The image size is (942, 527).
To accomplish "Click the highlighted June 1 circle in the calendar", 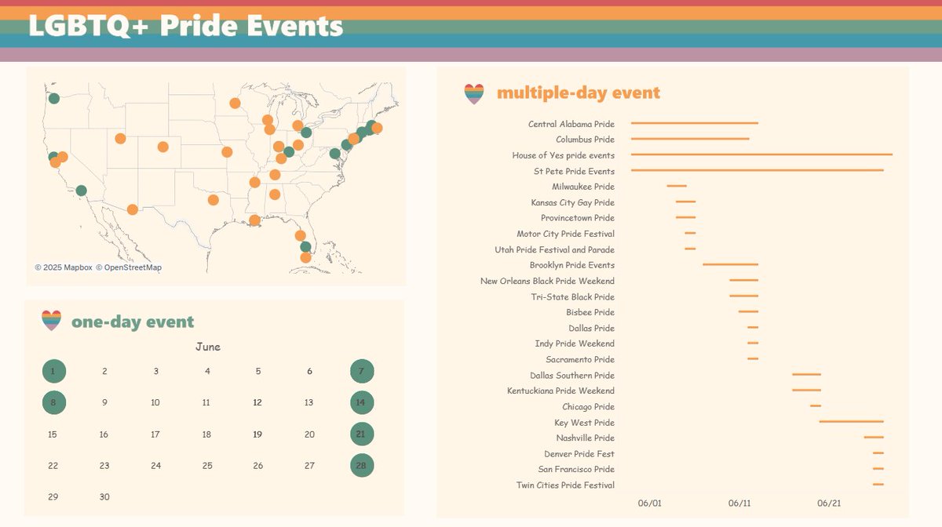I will (53, 372).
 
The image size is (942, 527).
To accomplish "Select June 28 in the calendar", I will (362, 465).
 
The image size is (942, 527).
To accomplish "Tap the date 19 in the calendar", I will (257, 434).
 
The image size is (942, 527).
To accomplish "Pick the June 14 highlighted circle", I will (362, 402).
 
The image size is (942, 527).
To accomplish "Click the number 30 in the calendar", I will (104, 496).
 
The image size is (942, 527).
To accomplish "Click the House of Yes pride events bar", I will (761, 154).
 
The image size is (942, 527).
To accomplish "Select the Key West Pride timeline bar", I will (851, 422).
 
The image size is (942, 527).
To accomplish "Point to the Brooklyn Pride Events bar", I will (730, 264).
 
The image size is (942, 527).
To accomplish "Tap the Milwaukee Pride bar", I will (677, 186).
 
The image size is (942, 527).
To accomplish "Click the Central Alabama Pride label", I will (571, 124).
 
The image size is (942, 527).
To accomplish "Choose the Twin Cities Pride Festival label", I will (565, 485).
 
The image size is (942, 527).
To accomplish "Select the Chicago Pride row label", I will (588, 406).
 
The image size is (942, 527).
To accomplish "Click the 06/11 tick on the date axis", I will (739, 503).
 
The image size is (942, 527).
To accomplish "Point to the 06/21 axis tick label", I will (829, 503).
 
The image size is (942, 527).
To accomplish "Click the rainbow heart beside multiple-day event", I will (474, 94).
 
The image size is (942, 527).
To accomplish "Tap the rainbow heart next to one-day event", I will (51, 321).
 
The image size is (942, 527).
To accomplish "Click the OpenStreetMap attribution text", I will (129, 267).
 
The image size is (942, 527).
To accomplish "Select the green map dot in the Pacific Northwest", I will (53, 98).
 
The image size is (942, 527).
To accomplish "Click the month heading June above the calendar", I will (208, 347).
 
